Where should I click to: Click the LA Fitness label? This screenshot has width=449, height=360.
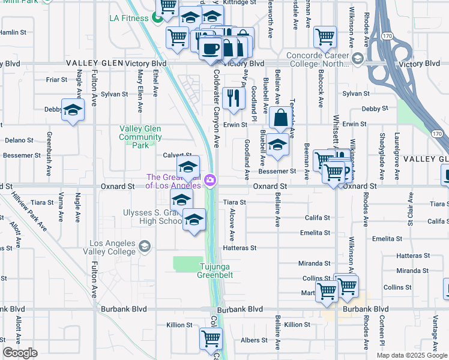click(x=128, y=18)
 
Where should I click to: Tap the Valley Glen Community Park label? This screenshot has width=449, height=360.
click(x=141, y=137)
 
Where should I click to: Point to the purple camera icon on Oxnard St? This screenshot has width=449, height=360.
click(x=210, y=179)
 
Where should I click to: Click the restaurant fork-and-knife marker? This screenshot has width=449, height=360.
click(x=234, y=98)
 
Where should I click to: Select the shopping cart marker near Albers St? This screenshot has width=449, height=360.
click(x=211, y=338)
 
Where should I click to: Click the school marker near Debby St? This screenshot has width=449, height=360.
click(x=73, y=110)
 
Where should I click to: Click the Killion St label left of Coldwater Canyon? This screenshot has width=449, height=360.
click(x=179, y=325)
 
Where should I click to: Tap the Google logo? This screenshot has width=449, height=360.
click(x=20, y=353)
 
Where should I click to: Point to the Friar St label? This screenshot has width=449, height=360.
click(x=56, y=79)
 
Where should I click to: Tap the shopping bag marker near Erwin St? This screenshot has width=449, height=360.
click(x=280, y=118)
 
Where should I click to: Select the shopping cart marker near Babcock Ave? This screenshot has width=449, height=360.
click(x=325, y=37)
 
